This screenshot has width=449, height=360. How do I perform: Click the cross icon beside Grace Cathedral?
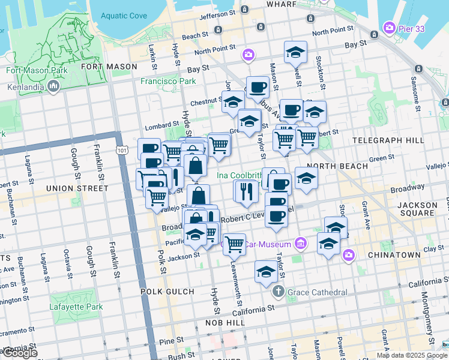click(278, 292)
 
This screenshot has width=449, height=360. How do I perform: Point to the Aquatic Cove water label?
click(124, 16)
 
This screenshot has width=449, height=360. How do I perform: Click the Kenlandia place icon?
click(53, 88)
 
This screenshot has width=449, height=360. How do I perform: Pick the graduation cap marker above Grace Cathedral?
click(266, 272)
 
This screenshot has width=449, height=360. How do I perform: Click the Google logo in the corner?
click(19, 353)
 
